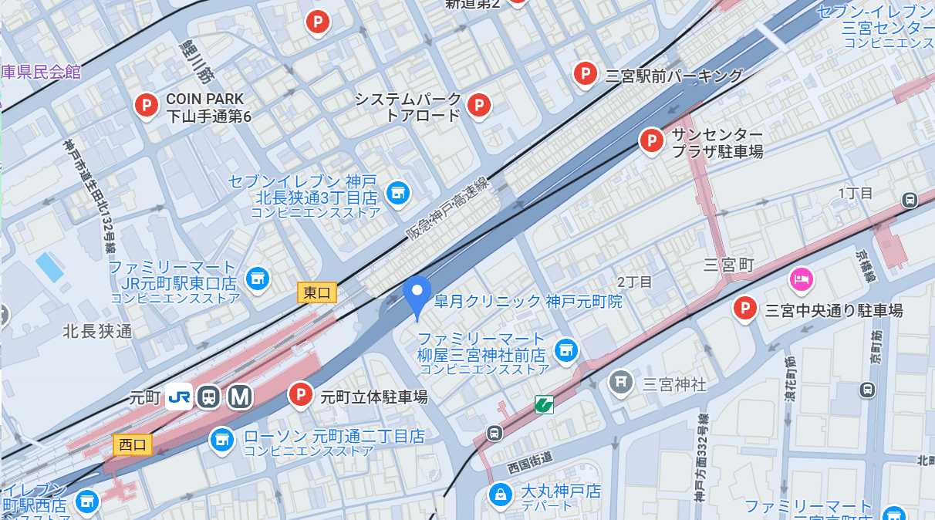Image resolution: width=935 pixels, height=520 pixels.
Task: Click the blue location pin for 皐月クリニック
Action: (417, 292)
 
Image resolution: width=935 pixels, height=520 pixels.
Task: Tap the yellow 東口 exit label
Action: (317, 292)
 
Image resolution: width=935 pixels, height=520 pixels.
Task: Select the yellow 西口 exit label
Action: (133, 444)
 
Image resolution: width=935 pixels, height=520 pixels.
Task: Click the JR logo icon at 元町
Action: (178, 397)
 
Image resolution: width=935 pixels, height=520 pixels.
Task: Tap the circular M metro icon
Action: (240, 397)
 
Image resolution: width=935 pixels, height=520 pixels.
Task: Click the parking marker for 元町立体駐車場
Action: (301, 395)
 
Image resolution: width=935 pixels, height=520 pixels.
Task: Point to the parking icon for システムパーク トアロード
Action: (479, 105)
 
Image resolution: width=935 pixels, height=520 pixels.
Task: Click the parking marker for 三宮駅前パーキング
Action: (586, 74)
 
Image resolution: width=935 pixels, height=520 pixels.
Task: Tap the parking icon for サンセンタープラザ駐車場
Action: (652, 140)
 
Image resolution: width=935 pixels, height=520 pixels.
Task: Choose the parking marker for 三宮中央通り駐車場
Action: (745, 309)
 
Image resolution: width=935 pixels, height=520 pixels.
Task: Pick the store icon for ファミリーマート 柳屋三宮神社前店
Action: (566, 350)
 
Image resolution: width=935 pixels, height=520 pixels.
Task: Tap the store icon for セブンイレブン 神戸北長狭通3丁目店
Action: (397, 193)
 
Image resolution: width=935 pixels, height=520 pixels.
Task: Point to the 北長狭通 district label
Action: (98, 331)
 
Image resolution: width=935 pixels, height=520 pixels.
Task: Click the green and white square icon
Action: (545, 404)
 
